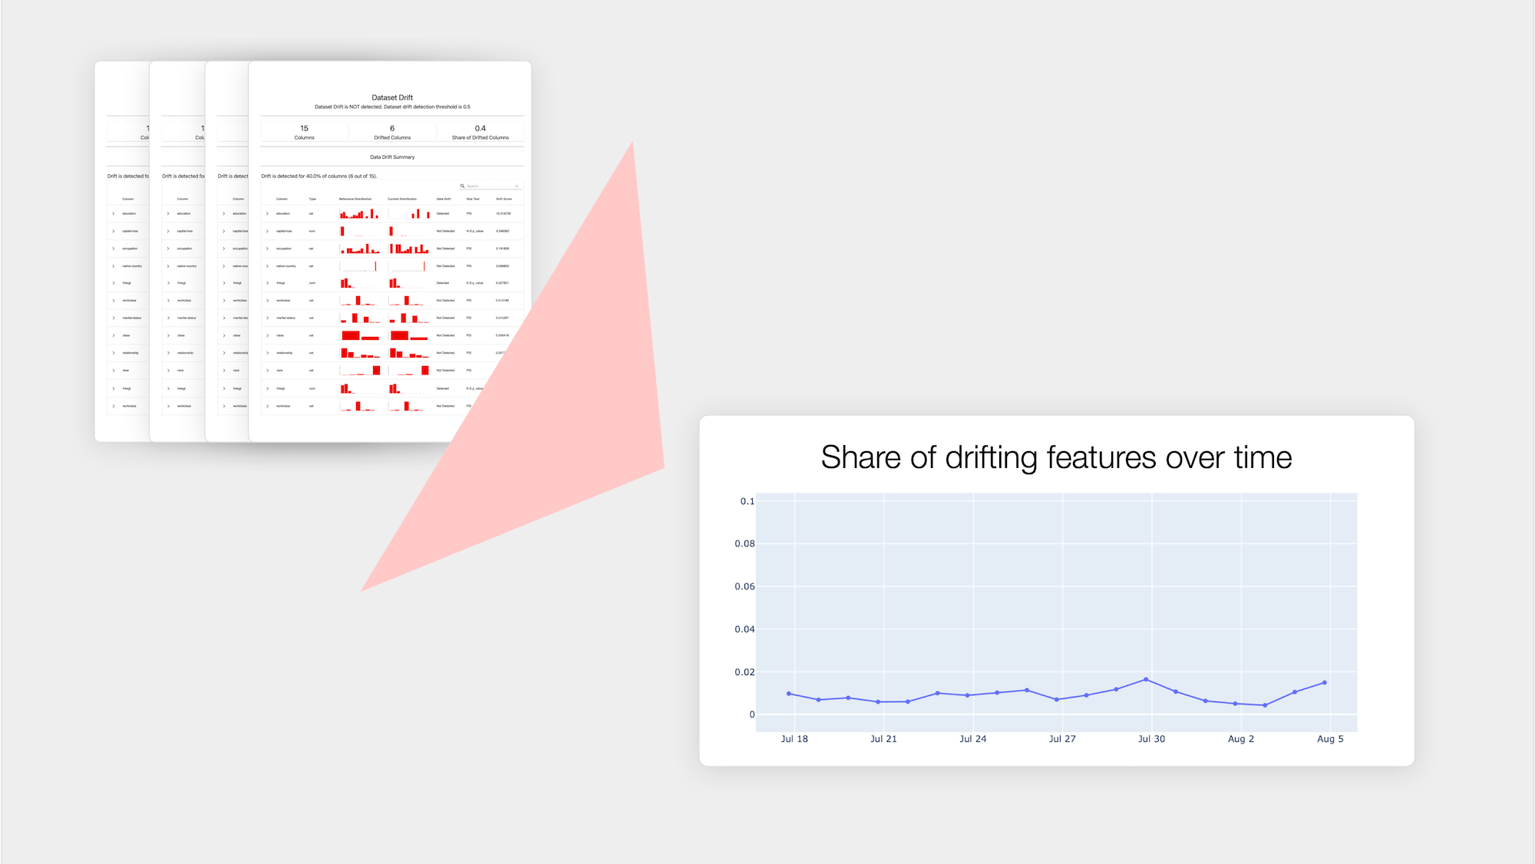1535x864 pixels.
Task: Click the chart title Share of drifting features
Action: (1056, 457)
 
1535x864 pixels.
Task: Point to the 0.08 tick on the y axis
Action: (744, 544)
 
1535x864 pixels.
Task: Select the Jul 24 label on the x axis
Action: (972, 739)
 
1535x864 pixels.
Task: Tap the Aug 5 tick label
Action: (1330, 739)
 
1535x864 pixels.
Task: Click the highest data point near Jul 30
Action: (1146, 679)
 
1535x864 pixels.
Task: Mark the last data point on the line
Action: (1325, 683)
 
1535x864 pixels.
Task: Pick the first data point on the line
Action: (789, 694)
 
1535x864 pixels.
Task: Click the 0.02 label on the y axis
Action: (744, 672)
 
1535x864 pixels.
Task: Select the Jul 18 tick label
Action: (794, 739)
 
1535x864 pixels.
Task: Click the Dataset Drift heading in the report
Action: (392, 97)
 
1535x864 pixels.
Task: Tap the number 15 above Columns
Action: (305, 128)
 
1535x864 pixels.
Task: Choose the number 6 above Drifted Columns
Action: (392, 128)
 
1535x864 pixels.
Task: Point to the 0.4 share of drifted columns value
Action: (480, 128)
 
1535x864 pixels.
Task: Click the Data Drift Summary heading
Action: (392, 157)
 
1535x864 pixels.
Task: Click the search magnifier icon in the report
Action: (462, 186)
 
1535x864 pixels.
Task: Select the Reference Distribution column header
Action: (355, 199)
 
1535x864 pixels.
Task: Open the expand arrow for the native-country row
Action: (267, 266)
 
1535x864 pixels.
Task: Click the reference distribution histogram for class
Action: (359, 335)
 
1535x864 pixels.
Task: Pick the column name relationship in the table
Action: (284, 353)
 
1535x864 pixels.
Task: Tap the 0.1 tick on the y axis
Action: (747, 501)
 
